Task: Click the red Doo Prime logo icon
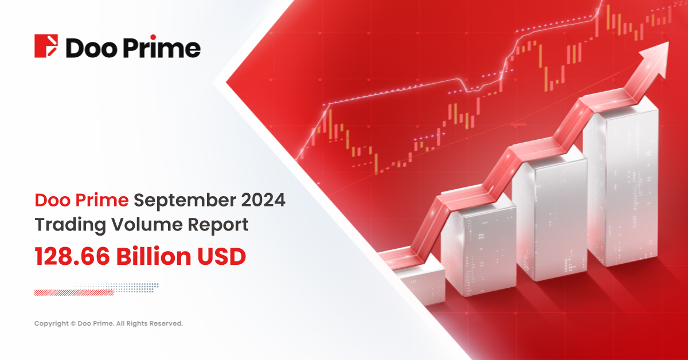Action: coord(46,46)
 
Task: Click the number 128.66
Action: coord(73,256)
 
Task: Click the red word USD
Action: coord(221,256)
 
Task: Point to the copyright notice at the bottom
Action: coord(108,324)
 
